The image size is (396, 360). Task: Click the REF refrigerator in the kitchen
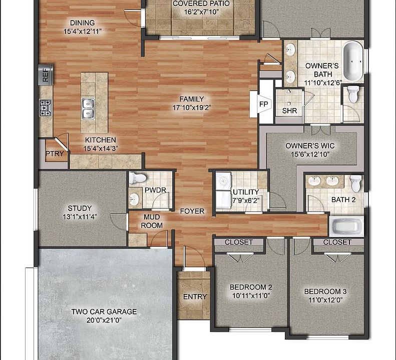coord(46,75)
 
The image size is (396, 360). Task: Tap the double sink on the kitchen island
coord(88,108)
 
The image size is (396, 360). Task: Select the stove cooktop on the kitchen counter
coord(46,107)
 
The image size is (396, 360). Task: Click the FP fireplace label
coord(263,104)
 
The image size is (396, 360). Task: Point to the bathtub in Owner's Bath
coord(353,61)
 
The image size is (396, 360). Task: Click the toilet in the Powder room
coord(137,178)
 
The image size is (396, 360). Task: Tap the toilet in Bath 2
coord(356,183)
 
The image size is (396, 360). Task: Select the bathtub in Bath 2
coord(346,226)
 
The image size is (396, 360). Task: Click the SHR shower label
coord(289,110)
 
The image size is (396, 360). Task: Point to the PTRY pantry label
coord(55,153)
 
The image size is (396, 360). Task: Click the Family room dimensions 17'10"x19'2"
coord(192,107)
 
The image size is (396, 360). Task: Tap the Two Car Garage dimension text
coord(104,320)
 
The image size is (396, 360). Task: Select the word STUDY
coord(80,208)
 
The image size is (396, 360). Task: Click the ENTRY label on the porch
coord(195,297)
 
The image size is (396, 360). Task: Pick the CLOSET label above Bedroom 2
coord(239,242)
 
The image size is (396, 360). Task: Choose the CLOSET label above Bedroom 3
coord(337,242)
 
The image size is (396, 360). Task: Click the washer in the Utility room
coord(223,180)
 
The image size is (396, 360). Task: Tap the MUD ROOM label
coord(152,221)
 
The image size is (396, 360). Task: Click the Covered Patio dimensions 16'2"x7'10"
coord(201,12)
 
